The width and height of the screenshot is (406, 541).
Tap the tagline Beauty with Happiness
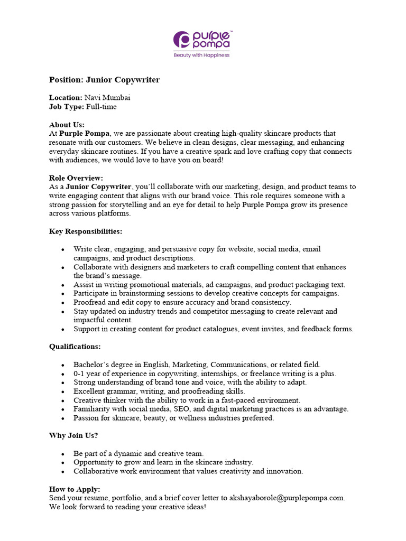202,55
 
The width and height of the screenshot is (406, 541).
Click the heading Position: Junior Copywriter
104,80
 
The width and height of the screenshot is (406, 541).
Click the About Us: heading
67,125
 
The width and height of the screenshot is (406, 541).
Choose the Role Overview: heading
76,178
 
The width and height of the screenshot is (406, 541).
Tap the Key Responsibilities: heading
86,231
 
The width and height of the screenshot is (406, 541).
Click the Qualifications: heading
75,347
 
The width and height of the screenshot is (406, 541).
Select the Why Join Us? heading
73,435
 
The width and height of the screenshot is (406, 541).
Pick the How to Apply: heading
75,489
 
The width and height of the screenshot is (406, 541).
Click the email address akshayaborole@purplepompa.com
287,498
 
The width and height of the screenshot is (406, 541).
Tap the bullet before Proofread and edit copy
63,303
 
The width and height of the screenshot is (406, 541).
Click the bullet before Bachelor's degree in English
63,365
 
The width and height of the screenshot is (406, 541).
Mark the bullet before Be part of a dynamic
63,454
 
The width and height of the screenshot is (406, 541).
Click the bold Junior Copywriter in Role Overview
98,186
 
